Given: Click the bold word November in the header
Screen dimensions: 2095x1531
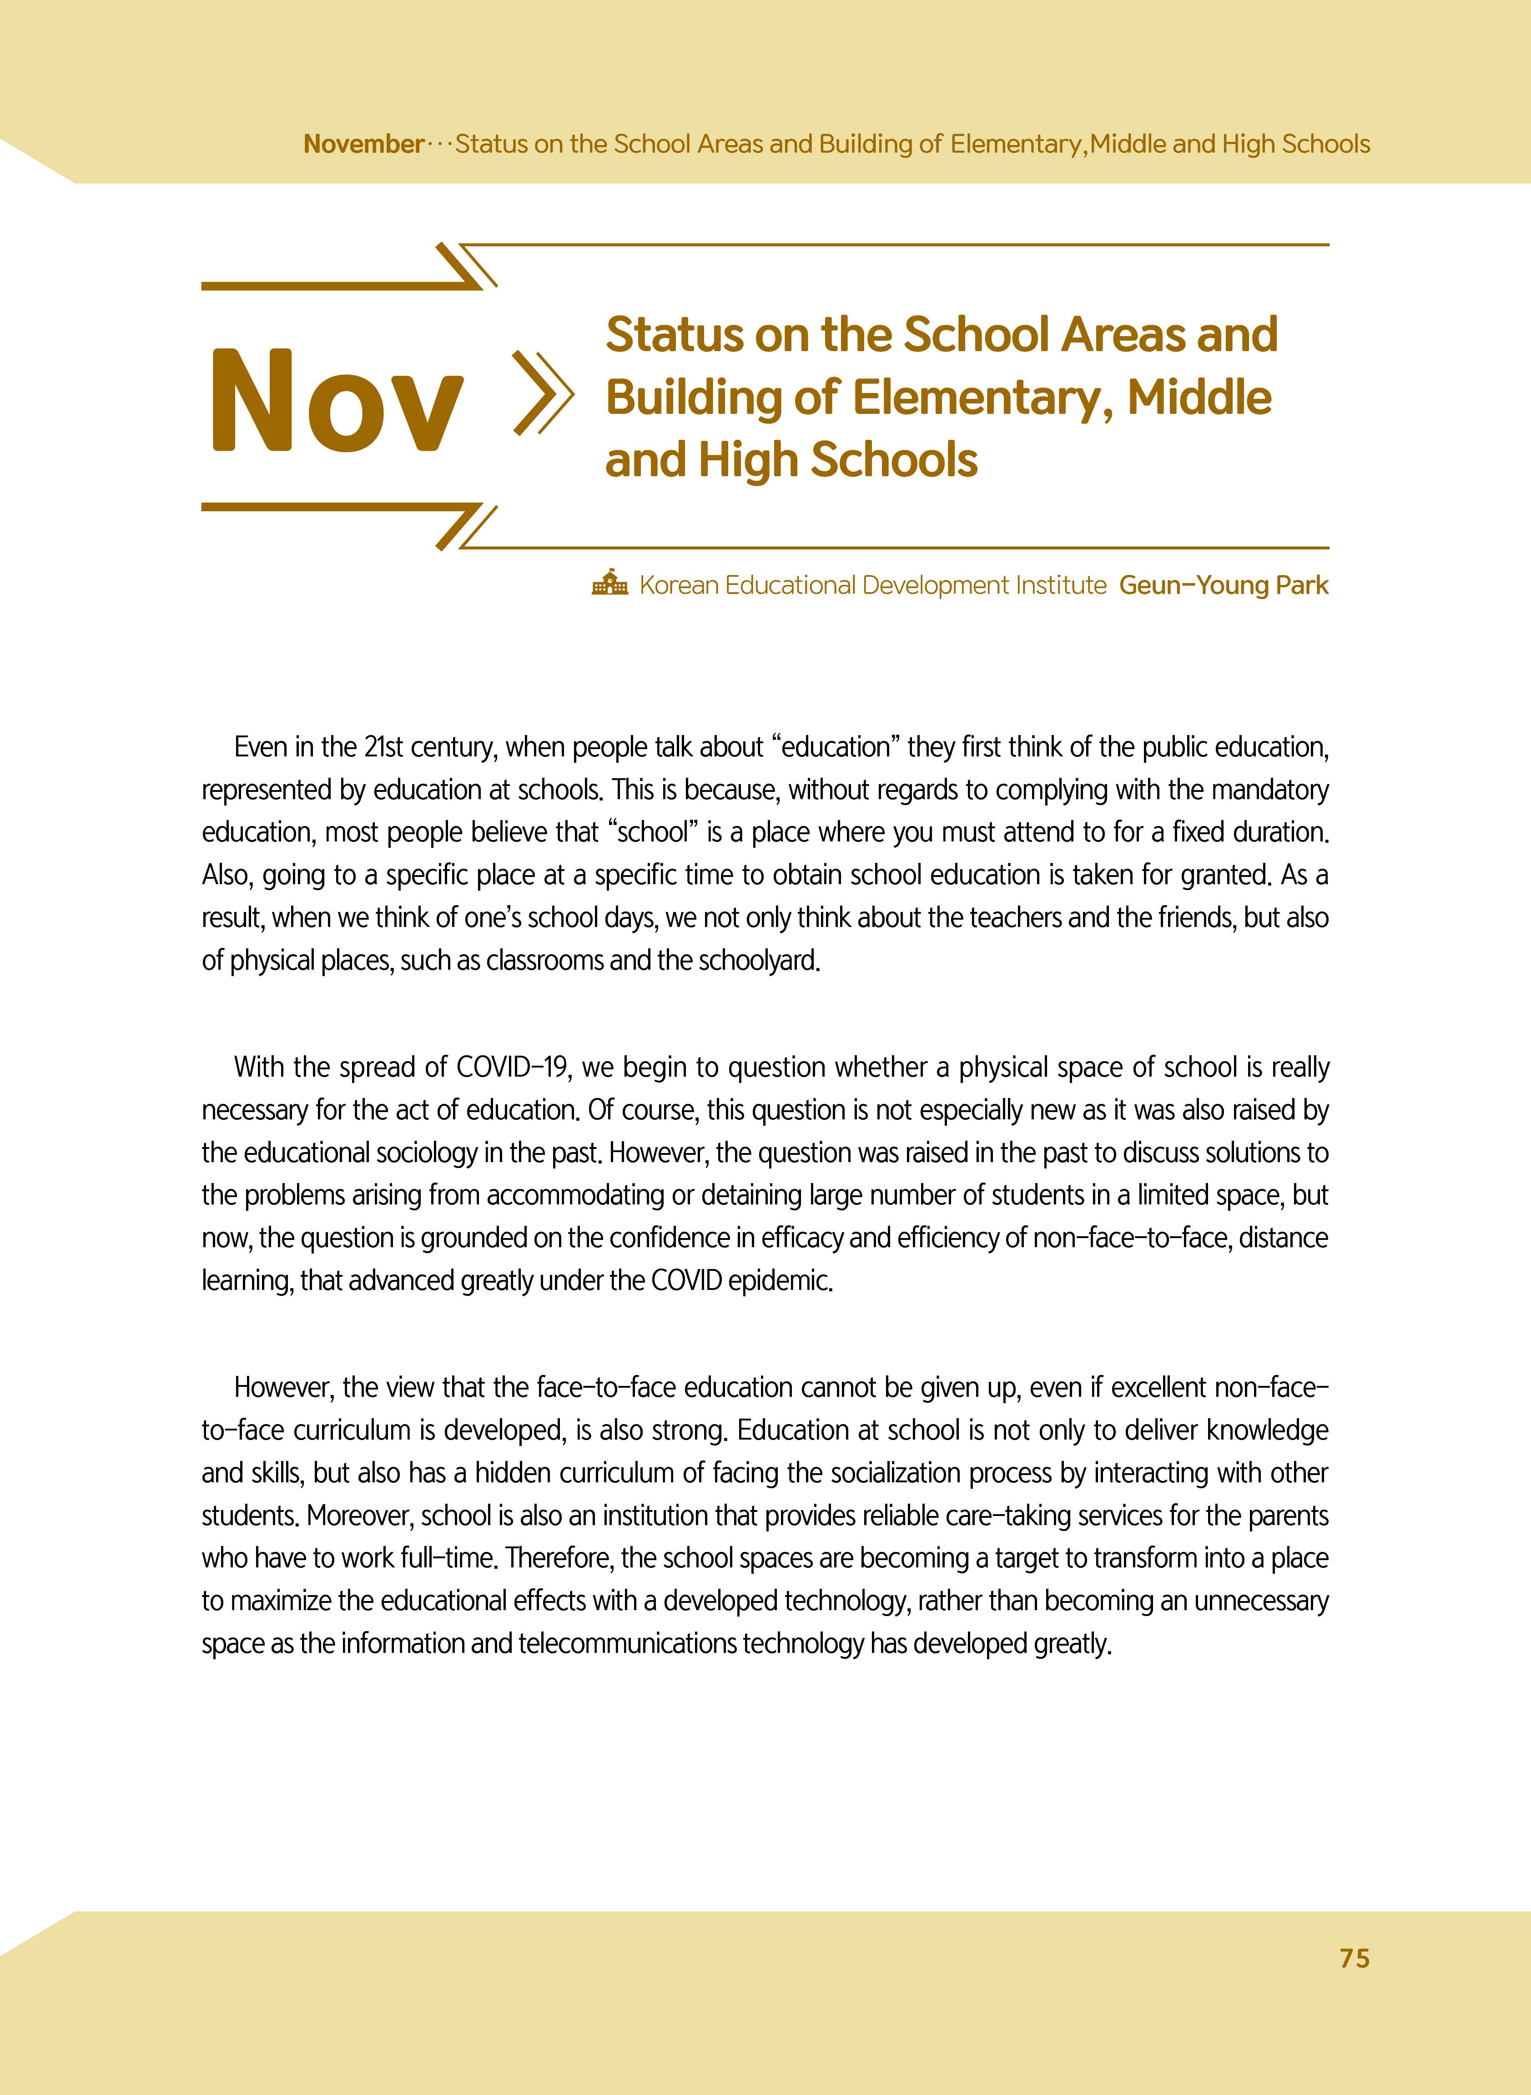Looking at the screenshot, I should (x=363, y=145).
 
